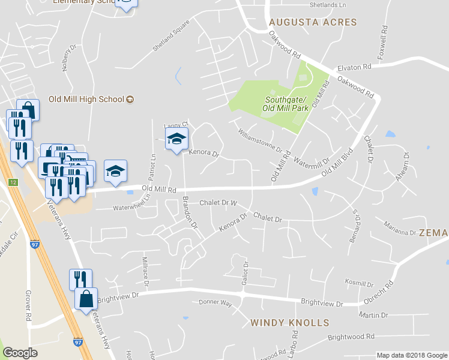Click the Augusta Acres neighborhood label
click(313, 22)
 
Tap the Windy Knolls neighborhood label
click(290, 323)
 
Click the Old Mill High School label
click(86, 99)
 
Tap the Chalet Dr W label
click(219, 203)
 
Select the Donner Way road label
click(215, 303)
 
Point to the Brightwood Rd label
click(351, 337)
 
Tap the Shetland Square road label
click(170, 36)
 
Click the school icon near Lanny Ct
click(176, 139)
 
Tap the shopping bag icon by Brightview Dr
click(86, 298)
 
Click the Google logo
click(20, 353)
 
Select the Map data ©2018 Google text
click(411, 355)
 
